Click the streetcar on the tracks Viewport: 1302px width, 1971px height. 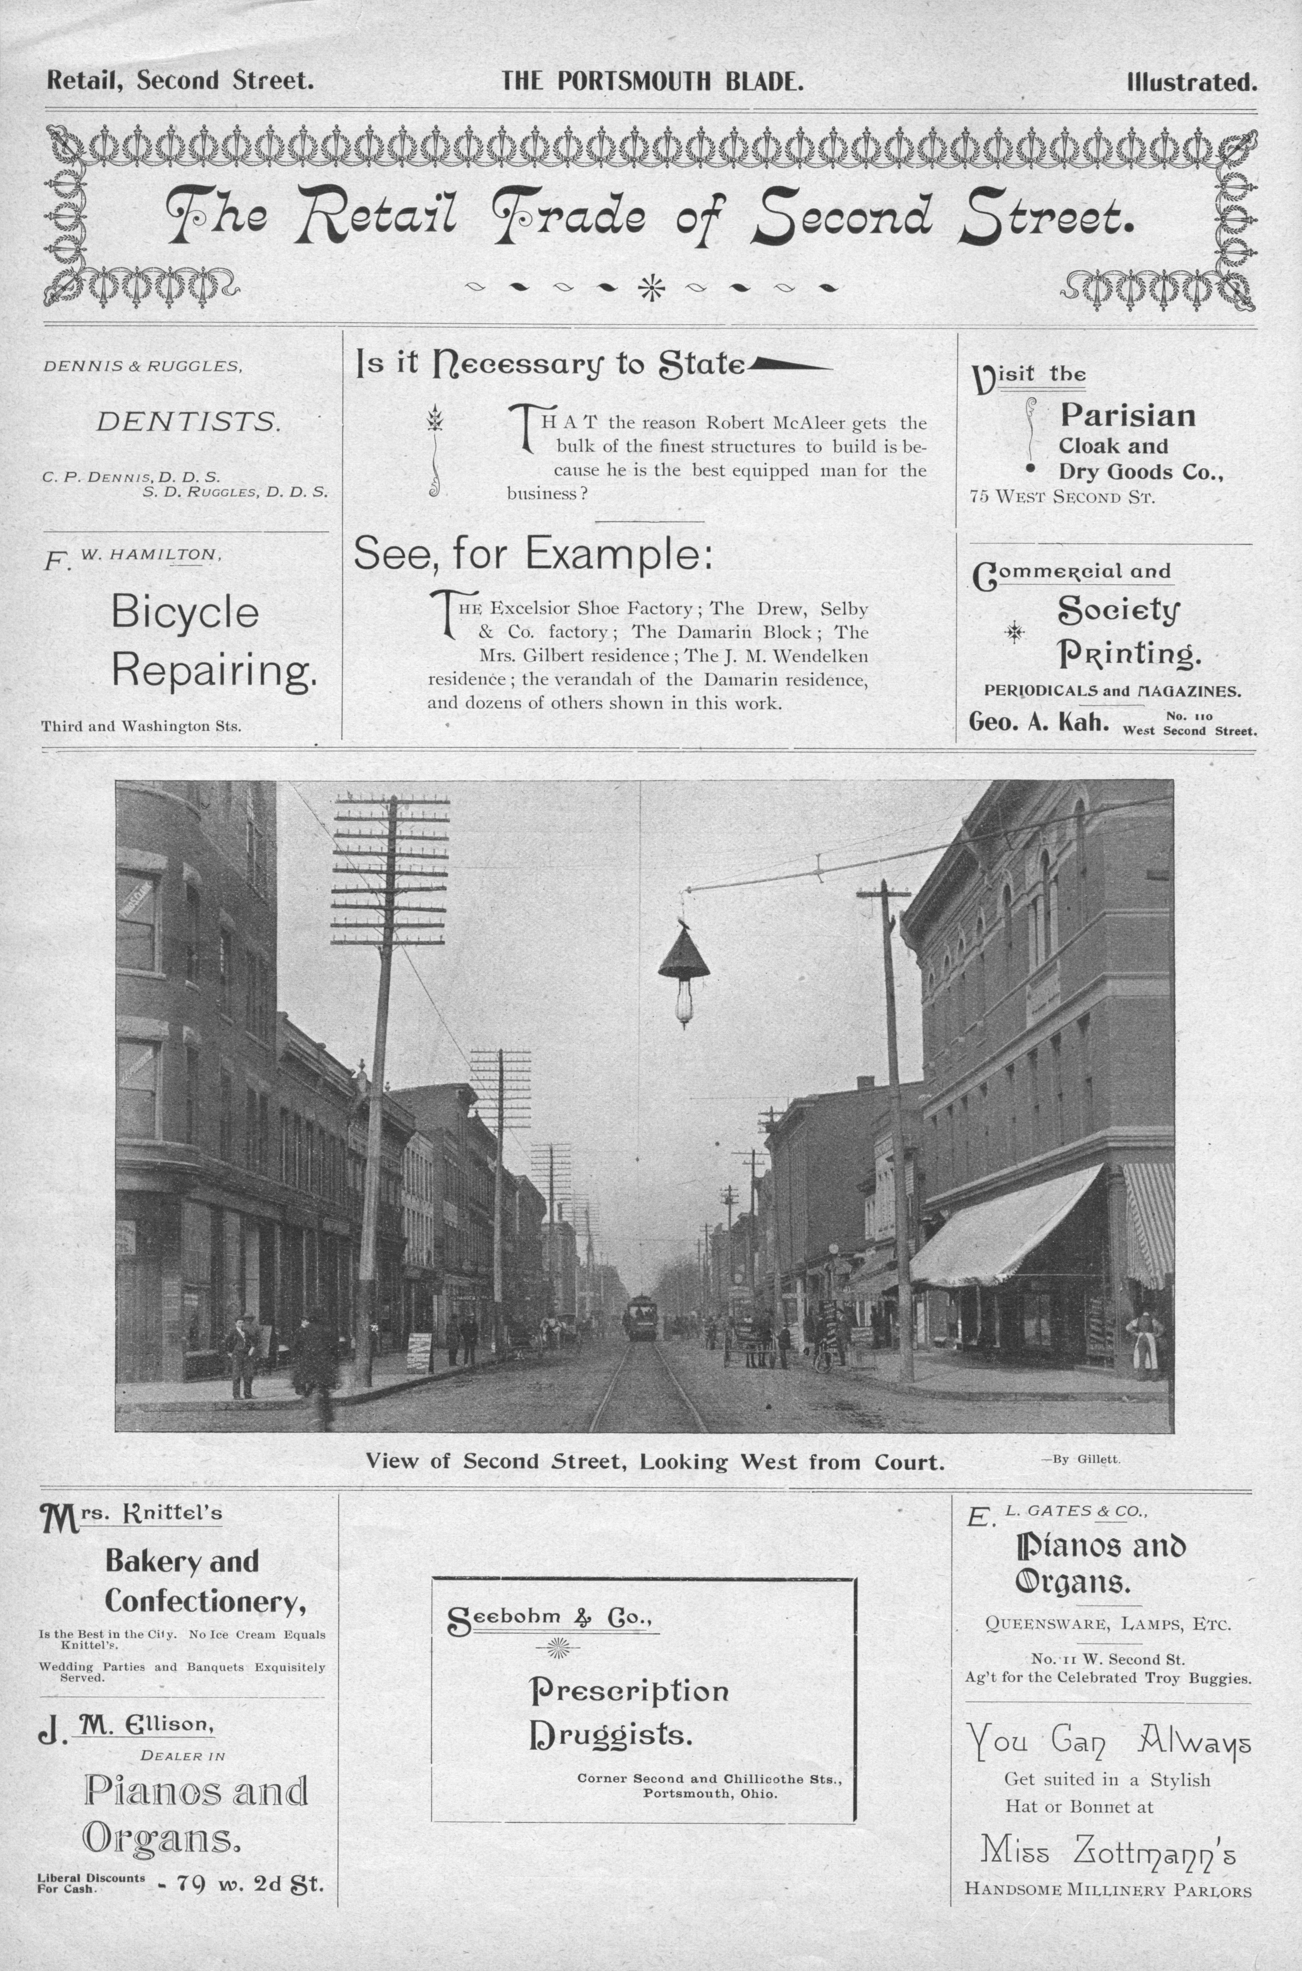640,1317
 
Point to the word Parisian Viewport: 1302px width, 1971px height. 1127,415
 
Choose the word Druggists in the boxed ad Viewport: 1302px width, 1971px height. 610,1736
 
